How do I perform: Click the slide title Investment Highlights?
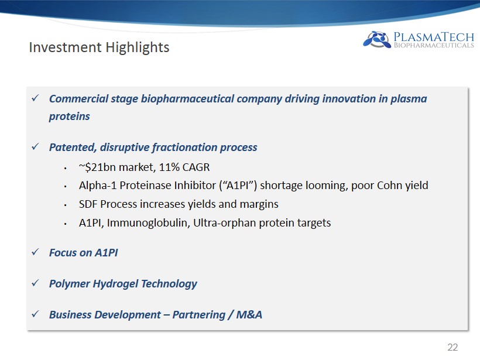click(99, 47)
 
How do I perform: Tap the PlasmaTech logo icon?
click(377, 39)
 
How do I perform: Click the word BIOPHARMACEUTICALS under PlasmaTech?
click(434, 45)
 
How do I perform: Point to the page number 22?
click(452, 347)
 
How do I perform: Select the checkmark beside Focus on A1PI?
click(36, 252)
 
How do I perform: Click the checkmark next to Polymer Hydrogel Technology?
click(36, 283)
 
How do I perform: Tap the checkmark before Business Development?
click(36, 314)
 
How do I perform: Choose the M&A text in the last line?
click(249, 314)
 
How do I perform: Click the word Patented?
click(73, 148)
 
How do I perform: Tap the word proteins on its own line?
click(70, 116)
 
